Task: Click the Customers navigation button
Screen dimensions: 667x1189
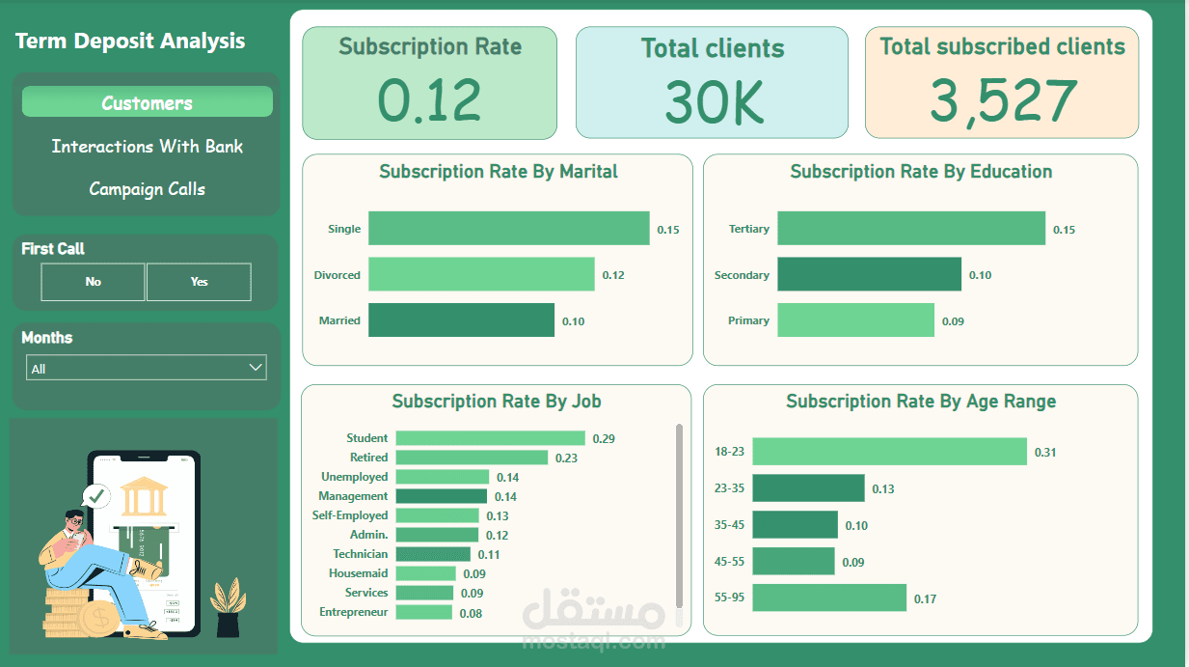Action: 147,102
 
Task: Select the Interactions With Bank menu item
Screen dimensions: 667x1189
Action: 147,147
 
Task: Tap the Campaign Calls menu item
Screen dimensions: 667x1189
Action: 147,189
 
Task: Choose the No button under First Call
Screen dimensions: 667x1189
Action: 93,282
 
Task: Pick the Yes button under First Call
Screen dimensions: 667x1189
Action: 199,282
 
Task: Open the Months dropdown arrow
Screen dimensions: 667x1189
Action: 256,368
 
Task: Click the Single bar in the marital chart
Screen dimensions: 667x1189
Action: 508,229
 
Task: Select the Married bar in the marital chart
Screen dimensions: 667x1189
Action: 461,320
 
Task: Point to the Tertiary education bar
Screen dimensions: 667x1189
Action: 910,229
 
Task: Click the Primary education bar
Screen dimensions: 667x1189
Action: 855,320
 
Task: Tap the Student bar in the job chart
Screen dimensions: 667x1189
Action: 490,438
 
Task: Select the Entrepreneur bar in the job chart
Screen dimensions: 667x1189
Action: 423,612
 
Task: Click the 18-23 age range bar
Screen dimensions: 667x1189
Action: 889,452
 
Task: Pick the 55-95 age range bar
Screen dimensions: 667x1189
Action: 829,598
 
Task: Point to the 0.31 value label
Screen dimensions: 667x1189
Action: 1045,453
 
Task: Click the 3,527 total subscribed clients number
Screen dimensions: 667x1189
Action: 1002,101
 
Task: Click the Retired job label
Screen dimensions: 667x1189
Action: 368,458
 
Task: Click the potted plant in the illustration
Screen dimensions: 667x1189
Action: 228,607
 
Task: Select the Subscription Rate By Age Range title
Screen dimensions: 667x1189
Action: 920,402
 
